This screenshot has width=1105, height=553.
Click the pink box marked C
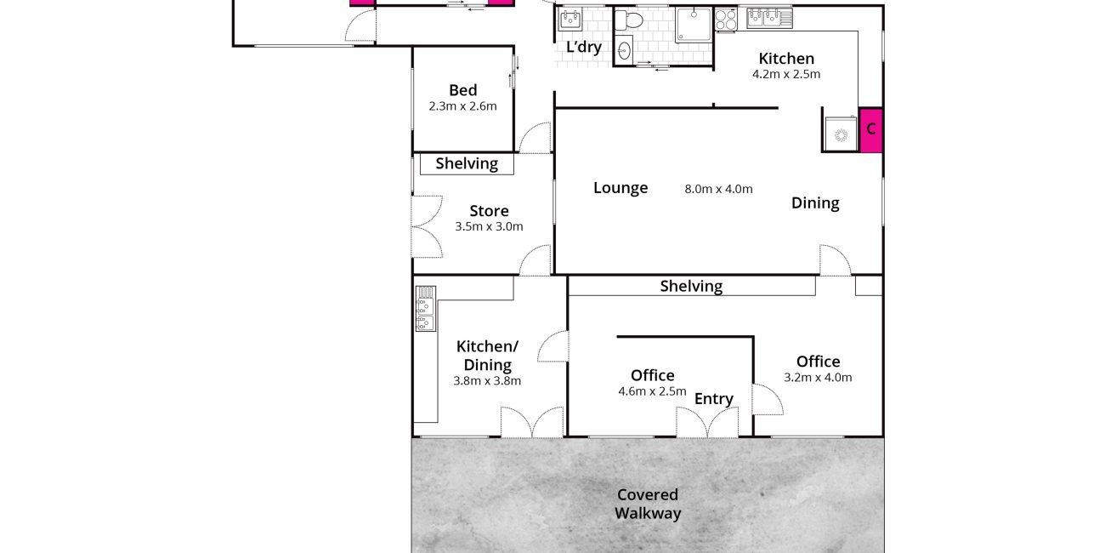(870, 130)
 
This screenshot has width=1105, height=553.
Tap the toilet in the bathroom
(630, 20)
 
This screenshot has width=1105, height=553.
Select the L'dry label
(584, 48)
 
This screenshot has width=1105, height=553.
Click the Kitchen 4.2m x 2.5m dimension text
(786, 74)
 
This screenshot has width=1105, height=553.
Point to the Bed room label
(462, 90)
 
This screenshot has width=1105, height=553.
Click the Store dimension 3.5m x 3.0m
(489, 226)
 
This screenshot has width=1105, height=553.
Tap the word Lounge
(620, 188)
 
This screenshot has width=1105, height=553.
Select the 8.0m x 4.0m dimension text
(719, 189)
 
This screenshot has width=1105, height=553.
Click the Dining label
(815, 203)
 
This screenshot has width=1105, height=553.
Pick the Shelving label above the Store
(467, 164)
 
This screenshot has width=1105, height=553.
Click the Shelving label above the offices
(691, 287)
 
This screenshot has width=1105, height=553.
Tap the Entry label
(714, 399)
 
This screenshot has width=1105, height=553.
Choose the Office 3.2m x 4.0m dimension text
(818, 377)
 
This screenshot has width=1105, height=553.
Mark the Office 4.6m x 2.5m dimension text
(652, 391)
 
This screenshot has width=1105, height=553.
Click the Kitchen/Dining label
(487, 356)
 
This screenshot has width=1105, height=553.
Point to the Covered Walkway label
(648, 504)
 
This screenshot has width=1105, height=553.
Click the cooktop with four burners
(726, 20)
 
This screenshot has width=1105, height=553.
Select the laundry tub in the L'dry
(570, 20)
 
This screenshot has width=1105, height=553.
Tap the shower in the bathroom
(693, 25)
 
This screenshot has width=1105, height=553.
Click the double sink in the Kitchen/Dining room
(425, 309)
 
